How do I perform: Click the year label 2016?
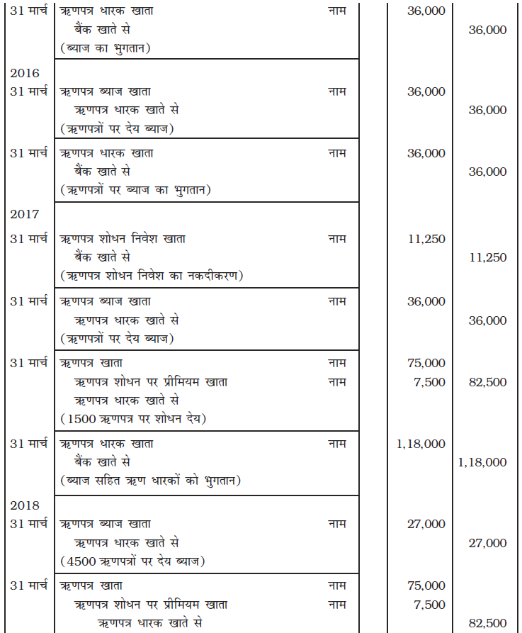pos(24,73)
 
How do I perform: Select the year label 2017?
pos(24,214)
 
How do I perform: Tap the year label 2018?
pos(24,505)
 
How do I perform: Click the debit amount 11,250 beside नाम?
pos(426,239)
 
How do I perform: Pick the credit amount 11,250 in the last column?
pos(488,257)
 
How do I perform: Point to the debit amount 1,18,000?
pos(421,444)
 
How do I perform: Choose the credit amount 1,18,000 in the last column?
pos(482,462)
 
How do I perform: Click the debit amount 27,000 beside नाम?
pos(426,524)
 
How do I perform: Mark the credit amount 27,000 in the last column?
pos(488,543)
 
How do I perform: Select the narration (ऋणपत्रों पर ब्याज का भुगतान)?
pos(136,190)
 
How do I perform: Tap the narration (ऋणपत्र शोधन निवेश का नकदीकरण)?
pos(151,276)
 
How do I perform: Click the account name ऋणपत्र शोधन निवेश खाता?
pos(123,239)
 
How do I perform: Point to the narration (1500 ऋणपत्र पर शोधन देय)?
pos(133,418)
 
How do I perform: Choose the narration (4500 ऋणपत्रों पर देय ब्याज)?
pos(132,561)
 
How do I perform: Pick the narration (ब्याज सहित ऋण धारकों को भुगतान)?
pos(150,481)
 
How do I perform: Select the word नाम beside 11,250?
pos(337,239)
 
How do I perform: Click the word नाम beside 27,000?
pos(337,524)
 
